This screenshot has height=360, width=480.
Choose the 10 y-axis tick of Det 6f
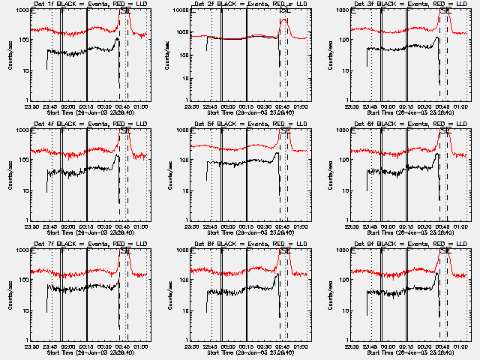[x=345, y=191]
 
